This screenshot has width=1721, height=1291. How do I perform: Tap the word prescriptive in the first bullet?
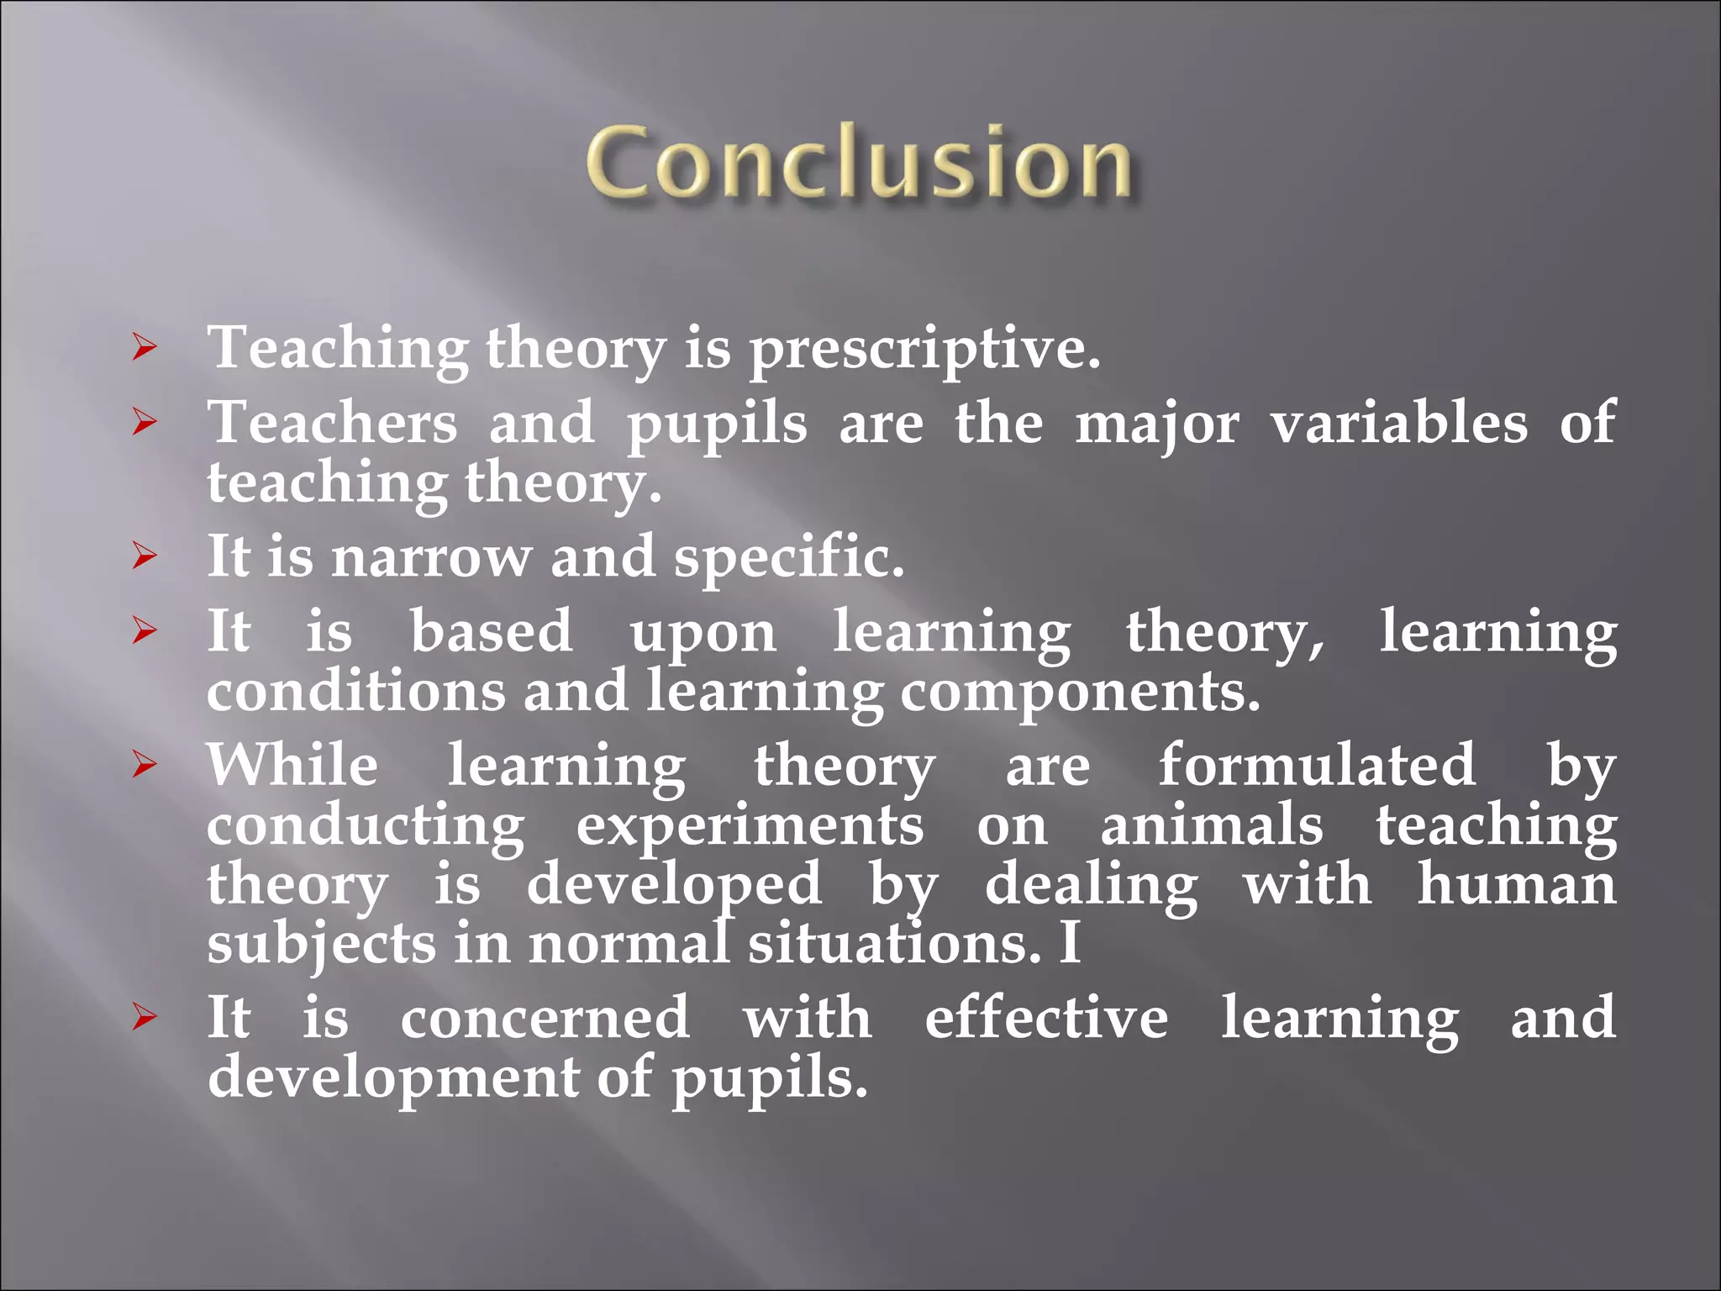[924, 349]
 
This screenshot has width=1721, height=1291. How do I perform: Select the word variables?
[1398, 422]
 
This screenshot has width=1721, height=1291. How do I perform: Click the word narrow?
[431, 557]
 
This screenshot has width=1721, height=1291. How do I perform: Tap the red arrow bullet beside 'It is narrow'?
[145, 556]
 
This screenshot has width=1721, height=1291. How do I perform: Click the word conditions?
[356, 692]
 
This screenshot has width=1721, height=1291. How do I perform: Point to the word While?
[292, 765]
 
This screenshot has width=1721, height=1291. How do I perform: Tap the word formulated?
[1317, 765]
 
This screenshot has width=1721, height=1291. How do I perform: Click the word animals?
[1212, 825]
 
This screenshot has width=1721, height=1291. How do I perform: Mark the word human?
[1516, 884]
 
